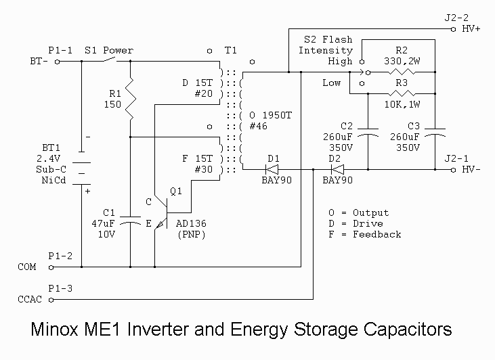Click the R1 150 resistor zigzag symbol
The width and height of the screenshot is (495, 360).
click(131, 99)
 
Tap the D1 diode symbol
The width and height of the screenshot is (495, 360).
click(272, 169)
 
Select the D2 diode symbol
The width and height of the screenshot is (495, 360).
click(337, 169)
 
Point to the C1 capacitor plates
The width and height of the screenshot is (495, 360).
click(131, 220)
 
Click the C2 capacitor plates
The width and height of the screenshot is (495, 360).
click(368, 133)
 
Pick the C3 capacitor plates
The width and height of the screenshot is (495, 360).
click(435, 133)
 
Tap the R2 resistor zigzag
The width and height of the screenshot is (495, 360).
click(402, 72)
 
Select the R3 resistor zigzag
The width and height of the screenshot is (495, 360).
click(402, 93)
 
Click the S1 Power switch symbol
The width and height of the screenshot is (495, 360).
click(110, 60)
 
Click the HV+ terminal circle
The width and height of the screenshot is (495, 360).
click(453, 29)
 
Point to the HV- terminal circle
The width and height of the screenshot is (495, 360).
click(453, 170)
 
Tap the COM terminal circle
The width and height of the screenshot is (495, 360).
click(51, 267)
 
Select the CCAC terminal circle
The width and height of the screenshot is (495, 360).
click(51, 300)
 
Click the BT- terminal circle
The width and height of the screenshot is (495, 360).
click(57, 62)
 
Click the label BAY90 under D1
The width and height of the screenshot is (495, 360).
click(276, 181)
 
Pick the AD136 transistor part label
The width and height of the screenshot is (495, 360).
click(191, 224)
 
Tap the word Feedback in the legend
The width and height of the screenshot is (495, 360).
click(377, 234)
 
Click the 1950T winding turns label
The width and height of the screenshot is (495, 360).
click(277, 116)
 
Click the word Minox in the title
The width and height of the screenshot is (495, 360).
click(54, 329)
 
